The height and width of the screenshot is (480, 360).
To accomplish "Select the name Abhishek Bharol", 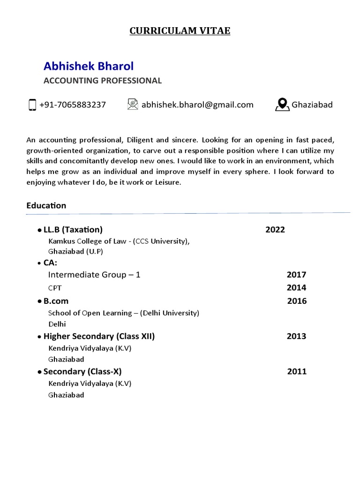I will pyautogui.click(x=89, y=66).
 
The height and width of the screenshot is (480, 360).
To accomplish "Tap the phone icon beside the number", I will pyautogui.click(x=32, y=105).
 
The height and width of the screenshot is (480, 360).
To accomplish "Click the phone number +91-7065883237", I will pyautogui.click(x=73, y=105).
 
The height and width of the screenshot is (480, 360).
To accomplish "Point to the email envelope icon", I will pyautogui.click(x=133, y=104).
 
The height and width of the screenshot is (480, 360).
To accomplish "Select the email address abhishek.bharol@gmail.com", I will pyautogui.click(x=197, y=105).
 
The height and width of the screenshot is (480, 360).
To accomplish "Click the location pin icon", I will pyautogui.click(x=282, y=105).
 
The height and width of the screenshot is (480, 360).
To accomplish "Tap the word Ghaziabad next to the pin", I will pyautogui.click(x=312, y=105).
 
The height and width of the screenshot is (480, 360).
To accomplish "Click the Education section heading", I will pyautogui.click(x=46, y=205).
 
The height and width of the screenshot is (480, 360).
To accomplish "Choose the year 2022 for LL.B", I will pyautogui.click(x=275, y=230).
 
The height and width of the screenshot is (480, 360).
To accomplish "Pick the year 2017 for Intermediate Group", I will pyautogui.click(x=296, y=275).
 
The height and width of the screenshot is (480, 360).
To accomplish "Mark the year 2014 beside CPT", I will pyautogui.click(x=296, y=288).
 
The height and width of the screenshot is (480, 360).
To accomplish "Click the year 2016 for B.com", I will pyautogui.click(x=297, y=301).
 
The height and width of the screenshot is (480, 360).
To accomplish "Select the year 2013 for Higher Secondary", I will pyautogui.click(x=296, y=336).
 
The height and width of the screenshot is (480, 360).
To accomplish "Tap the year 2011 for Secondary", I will pyautogui.click(x=297, y=372).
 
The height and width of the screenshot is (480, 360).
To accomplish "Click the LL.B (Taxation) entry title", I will pyautogui.click(x=73, y=230).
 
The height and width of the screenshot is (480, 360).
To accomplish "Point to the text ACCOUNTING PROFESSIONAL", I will pyautogui.click(x=103, y=81).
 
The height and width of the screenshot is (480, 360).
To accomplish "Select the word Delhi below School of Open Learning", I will pyautogui.click(x=57, y=324).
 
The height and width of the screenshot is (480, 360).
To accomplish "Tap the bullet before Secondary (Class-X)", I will pyautogui.click(x=39, y=372).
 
